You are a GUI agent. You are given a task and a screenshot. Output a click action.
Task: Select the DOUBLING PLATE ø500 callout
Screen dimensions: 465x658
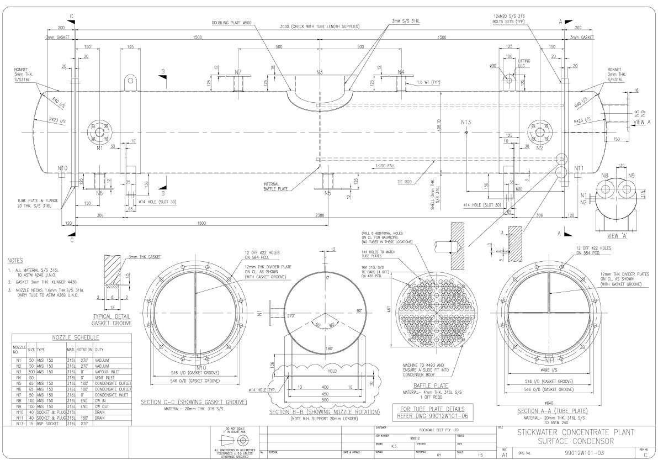tap(231, 24)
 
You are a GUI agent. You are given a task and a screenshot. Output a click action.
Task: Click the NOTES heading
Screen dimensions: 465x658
tap(15, 260)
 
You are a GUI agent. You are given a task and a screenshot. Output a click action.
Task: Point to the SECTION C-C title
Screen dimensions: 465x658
tap(193, 402)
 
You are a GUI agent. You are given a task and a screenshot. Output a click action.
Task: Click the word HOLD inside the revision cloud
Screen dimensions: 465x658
tap(332, 372)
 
